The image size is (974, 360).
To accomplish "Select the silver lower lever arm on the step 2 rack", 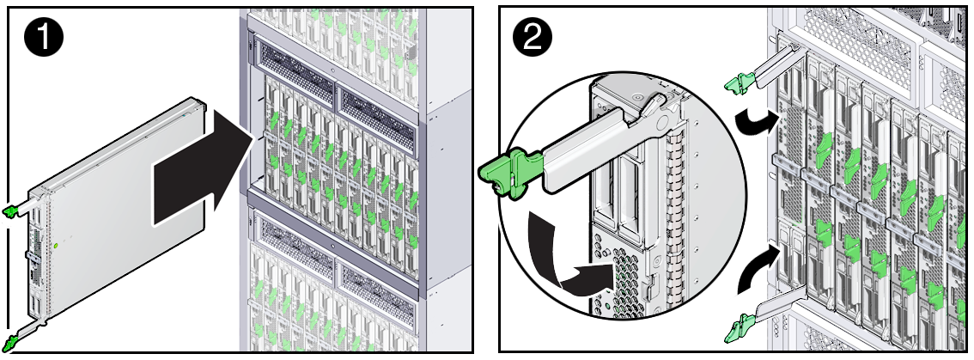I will click(777, 303).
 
